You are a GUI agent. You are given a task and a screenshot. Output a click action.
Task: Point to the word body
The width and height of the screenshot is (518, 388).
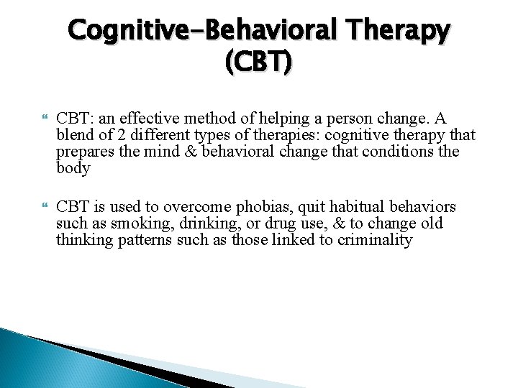pos(73,169)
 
